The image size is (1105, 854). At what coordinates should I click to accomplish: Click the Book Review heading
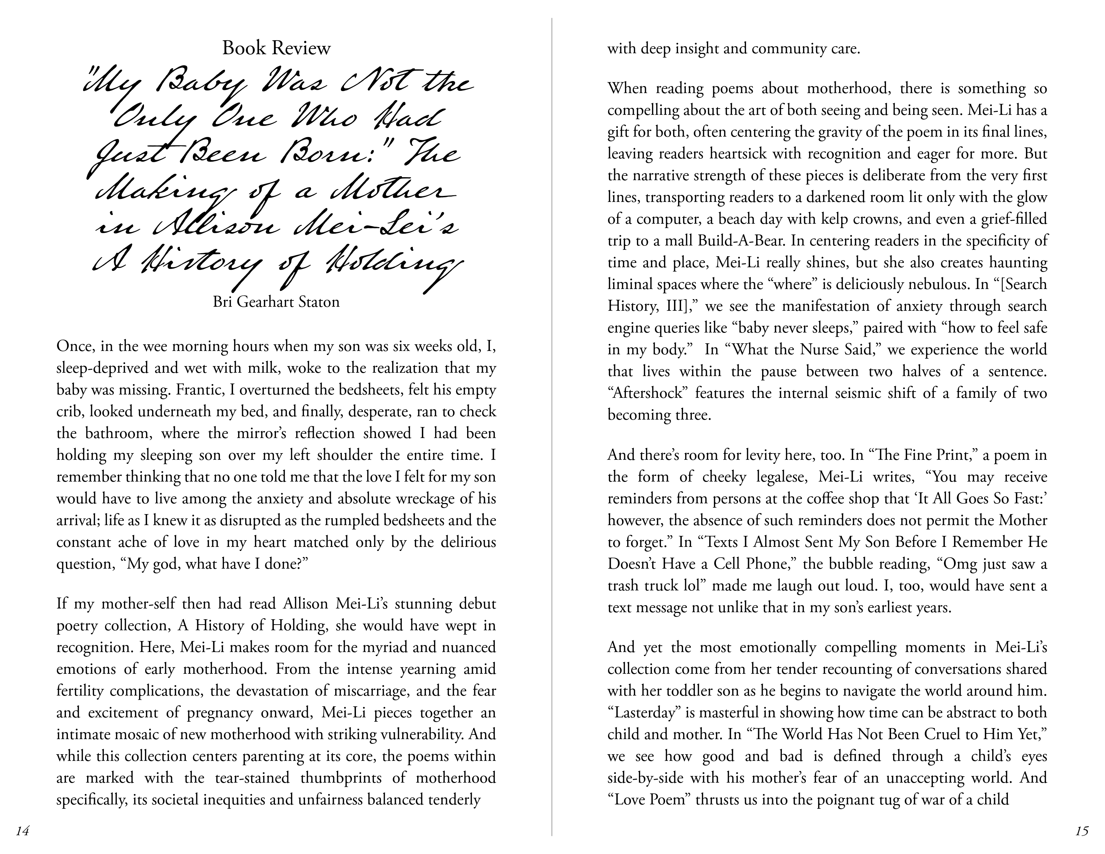[276, 48]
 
